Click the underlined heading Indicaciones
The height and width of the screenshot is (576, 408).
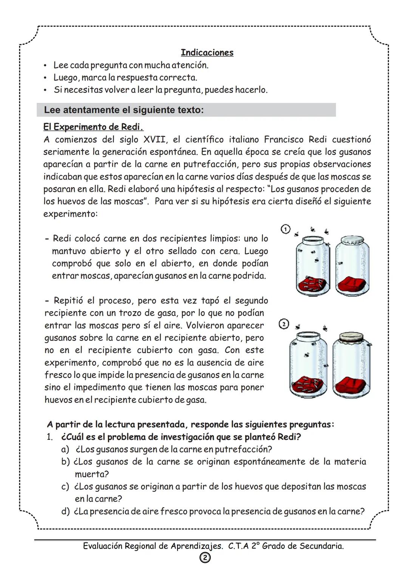click(x=207, y=52)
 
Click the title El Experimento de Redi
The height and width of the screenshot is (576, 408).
click(x=93, y=127)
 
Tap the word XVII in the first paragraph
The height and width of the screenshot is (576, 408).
click(x=154, y=140)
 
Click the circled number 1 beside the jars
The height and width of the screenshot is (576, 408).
click(x=286, y=229)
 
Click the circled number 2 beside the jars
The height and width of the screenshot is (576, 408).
click(x=284, y=324)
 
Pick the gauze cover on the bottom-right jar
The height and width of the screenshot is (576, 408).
click(x=351, y=337)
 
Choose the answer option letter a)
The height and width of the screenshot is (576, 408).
click(x=65, y=449)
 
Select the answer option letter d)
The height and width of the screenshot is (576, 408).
click(x=66, y=511)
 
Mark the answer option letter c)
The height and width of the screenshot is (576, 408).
click(x=65, y=487)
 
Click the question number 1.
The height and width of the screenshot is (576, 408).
click(x=49, y=437)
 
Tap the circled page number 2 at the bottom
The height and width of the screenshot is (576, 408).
click(x=205, y=558)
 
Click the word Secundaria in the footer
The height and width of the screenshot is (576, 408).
click(x=321, y=546)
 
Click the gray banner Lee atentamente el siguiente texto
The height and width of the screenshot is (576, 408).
click(x=186, y=110)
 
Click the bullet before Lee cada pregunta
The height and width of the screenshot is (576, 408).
click(x=45, y=66)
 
